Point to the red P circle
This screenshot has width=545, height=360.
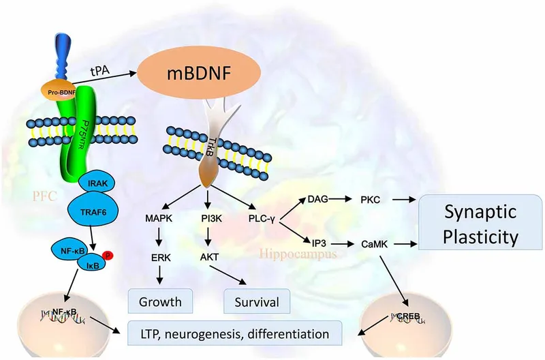click(x=108, y=257)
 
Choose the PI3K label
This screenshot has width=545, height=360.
click(x=208, y=217)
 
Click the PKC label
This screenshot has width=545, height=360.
click(x=373, y=200)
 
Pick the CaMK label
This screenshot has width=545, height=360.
click(x=373, y=243)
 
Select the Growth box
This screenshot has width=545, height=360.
click(x=161, y=300)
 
